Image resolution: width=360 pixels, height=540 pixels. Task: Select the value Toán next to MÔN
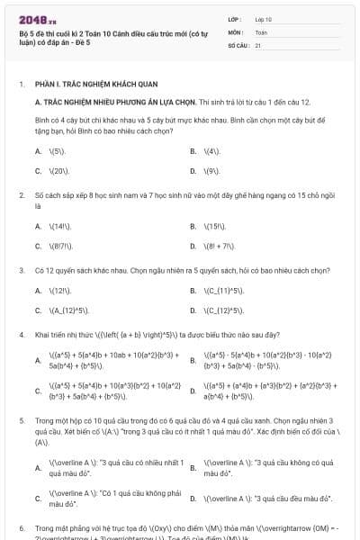(x=261, y=31)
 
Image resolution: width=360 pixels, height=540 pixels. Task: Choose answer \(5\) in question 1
(x=57, y=150)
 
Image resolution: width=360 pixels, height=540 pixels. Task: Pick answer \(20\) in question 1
(x=59, y=170)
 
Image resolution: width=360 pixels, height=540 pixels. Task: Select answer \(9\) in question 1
(x=211, y=170)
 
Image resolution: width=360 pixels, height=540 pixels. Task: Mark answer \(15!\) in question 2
(x=214, y=226)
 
